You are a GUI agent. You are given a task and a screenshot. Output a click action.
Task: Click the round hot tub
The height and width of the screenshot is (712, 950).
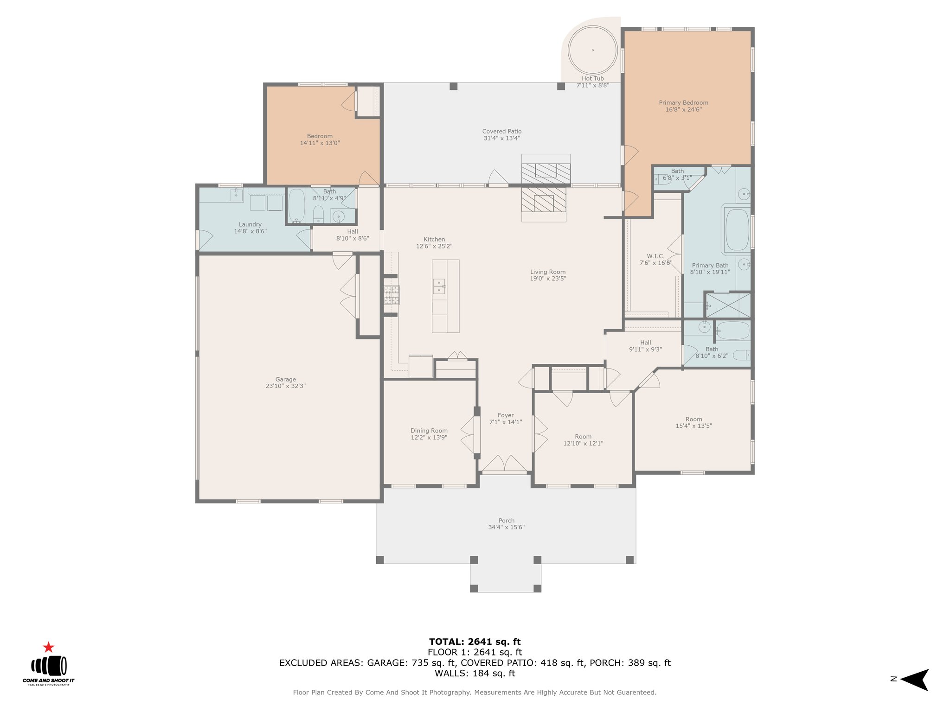[x=592, y=50]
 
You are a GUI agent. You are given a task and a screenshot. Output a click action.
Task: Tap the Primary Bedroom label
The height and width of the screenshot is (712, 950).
[x=683, y=103]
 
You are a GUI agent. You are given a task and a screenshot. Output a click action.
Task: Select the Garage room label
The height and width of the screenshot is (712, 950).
[x=285, y=379]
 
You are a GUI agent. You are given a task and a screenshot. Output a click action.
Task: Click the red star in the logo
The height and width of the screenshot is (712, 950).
[x=48, y=647]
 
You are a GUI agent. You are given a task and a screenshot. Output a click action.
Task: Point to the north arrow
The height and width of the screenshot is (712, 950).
[x=914, y=680]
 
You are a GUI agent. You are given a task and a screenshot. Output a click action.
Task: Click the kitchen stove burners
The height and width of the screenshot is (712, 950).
[x=392, y=295]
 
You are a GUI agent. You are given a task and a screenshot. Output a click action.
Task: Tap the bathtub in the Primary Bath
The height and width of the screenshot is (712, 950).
[x=737, y=230]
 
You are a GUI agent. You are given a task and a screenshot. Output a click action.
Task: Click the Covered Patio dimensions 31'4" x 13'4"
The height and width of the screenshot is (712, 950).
[x=502, y=138]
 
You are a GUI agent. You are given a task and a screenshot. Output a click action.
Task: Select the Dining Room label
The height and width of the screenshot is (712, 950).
[x=429, y=431]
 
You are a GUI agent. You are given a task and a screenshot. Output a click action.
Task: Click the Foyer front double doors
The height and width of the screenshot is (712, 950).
[x=505, y=464]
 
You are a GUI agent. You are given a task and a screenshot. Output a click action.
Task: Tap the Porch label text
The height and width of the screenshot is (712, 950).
[x=507, y=521]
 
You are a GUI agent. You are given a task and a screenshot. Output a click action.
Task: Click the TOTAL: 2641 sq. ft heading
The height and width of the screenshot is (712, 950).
[x=475, y=642]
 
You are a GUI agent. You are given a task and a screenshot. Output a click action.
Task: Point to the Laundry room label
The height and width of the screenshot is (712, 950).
[x=250, y=224]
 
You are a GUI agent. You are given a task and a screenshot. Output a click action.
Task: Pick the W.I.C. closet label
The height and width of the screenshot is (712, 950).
[x=656, y=256]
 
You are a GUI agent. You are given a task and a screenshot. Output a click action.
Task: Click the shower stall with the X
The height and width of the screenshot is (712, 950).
[x=728, y=305]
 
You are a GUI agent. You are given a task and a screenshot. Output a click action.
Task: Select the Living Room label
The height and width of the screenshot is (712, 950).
[x=548, y=272]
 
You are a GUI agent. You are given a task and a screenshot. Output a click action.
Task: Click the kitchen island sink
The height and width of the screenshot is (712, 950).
[x=439, y=286]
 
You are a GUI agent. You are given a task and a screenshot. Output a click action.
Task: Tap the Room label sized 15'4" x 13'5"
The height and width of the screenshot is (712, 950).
[x=694, y=420]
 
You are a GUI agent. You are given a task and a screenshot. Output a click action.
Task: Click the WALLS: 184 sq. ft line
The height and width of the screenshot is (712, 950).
[x=475, y=674]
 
